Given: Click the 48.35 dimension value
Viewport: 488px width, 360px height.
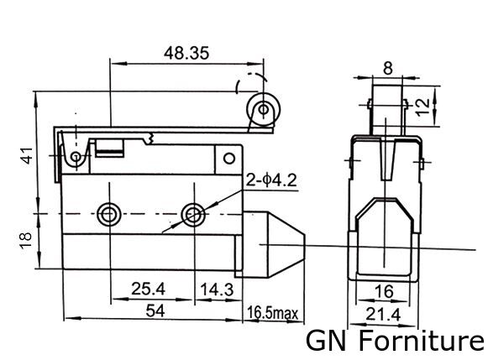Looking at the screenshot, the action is (x=186, y=53).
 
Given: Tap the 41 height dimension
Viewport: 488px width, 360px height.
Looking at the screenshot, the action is (x=27, y=155).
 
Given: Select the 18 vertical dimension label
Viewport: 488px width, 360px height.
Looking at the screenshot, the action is (x=25, y=240).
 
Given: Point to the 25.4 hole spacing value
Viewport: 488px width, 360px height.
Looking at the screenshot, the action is (x=148, y=289).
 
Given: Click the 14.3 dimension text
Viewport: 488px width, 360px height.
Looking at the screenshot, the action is (x=217, y=290).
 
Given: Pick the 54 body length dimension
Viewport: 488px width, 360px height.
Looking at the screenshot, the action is (x=155, y=310).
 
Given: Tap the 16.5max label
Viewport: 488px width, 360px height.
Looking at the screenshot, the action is (x=273, y=313).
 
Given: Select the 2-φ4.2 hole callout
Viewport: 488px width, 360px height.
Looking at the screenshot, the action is (x=271, y=180).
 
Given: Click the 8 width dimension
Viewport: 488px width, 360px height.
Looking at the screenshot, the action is (x=388, y=68).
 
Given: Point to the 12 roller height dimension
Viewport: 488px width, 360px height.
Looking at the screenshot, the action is (x=423, y=107).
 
